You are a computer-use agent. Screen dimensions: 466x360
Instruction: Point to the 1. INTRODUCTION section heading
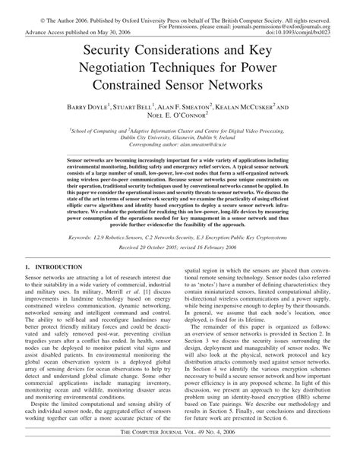pos(52,268)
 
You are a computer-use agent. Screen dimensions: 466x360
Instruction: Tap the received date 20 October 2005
pos(161,248)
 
